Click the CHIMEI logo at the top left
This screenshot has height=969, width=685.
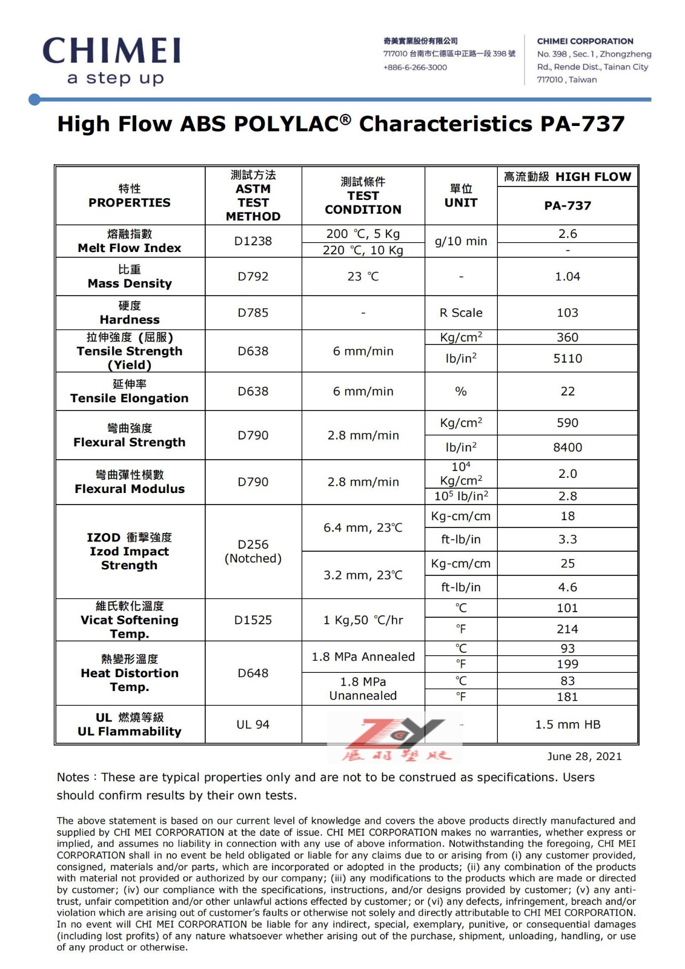[112, 61]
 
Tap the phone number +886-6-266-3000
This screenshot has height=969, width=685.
[415, 67]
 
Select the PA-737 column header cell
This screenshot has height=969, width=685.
[568, 206]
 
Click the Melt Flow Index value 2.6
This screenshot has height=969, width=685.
[568, 234]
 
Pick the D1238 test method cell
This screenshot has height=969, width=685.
[253, 241]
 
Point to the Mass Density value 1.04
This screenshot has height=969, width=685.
[568, 277]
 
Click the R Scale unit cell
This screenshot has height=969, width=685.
[461, 313]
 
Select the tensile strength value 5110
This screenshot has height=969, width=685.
[568, 359]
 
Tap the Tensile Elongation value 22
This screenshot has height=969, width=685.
[568, 392]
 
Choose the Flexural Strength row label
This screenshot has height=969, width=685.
[130, 435]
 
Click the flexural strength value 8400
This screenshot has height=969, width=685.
[568, 448]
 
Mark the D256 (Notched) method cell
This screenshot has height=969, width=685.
[253, 552]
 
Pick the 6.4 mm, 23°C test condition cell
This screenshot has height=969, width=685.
[363, 528]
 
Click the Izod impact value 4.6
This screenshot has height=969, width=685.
[568, 587]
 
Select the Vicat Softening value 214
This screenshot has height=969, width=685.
[568, 629]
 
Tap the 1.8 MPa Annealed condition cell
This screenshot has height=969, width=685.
[363, 657]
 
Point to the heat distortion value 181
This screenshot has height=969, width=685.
[568, 697]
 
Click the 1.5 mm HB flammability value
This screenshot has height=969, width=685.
[568, 725]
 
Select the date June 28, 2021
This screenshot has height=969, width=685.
[584, 756]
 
